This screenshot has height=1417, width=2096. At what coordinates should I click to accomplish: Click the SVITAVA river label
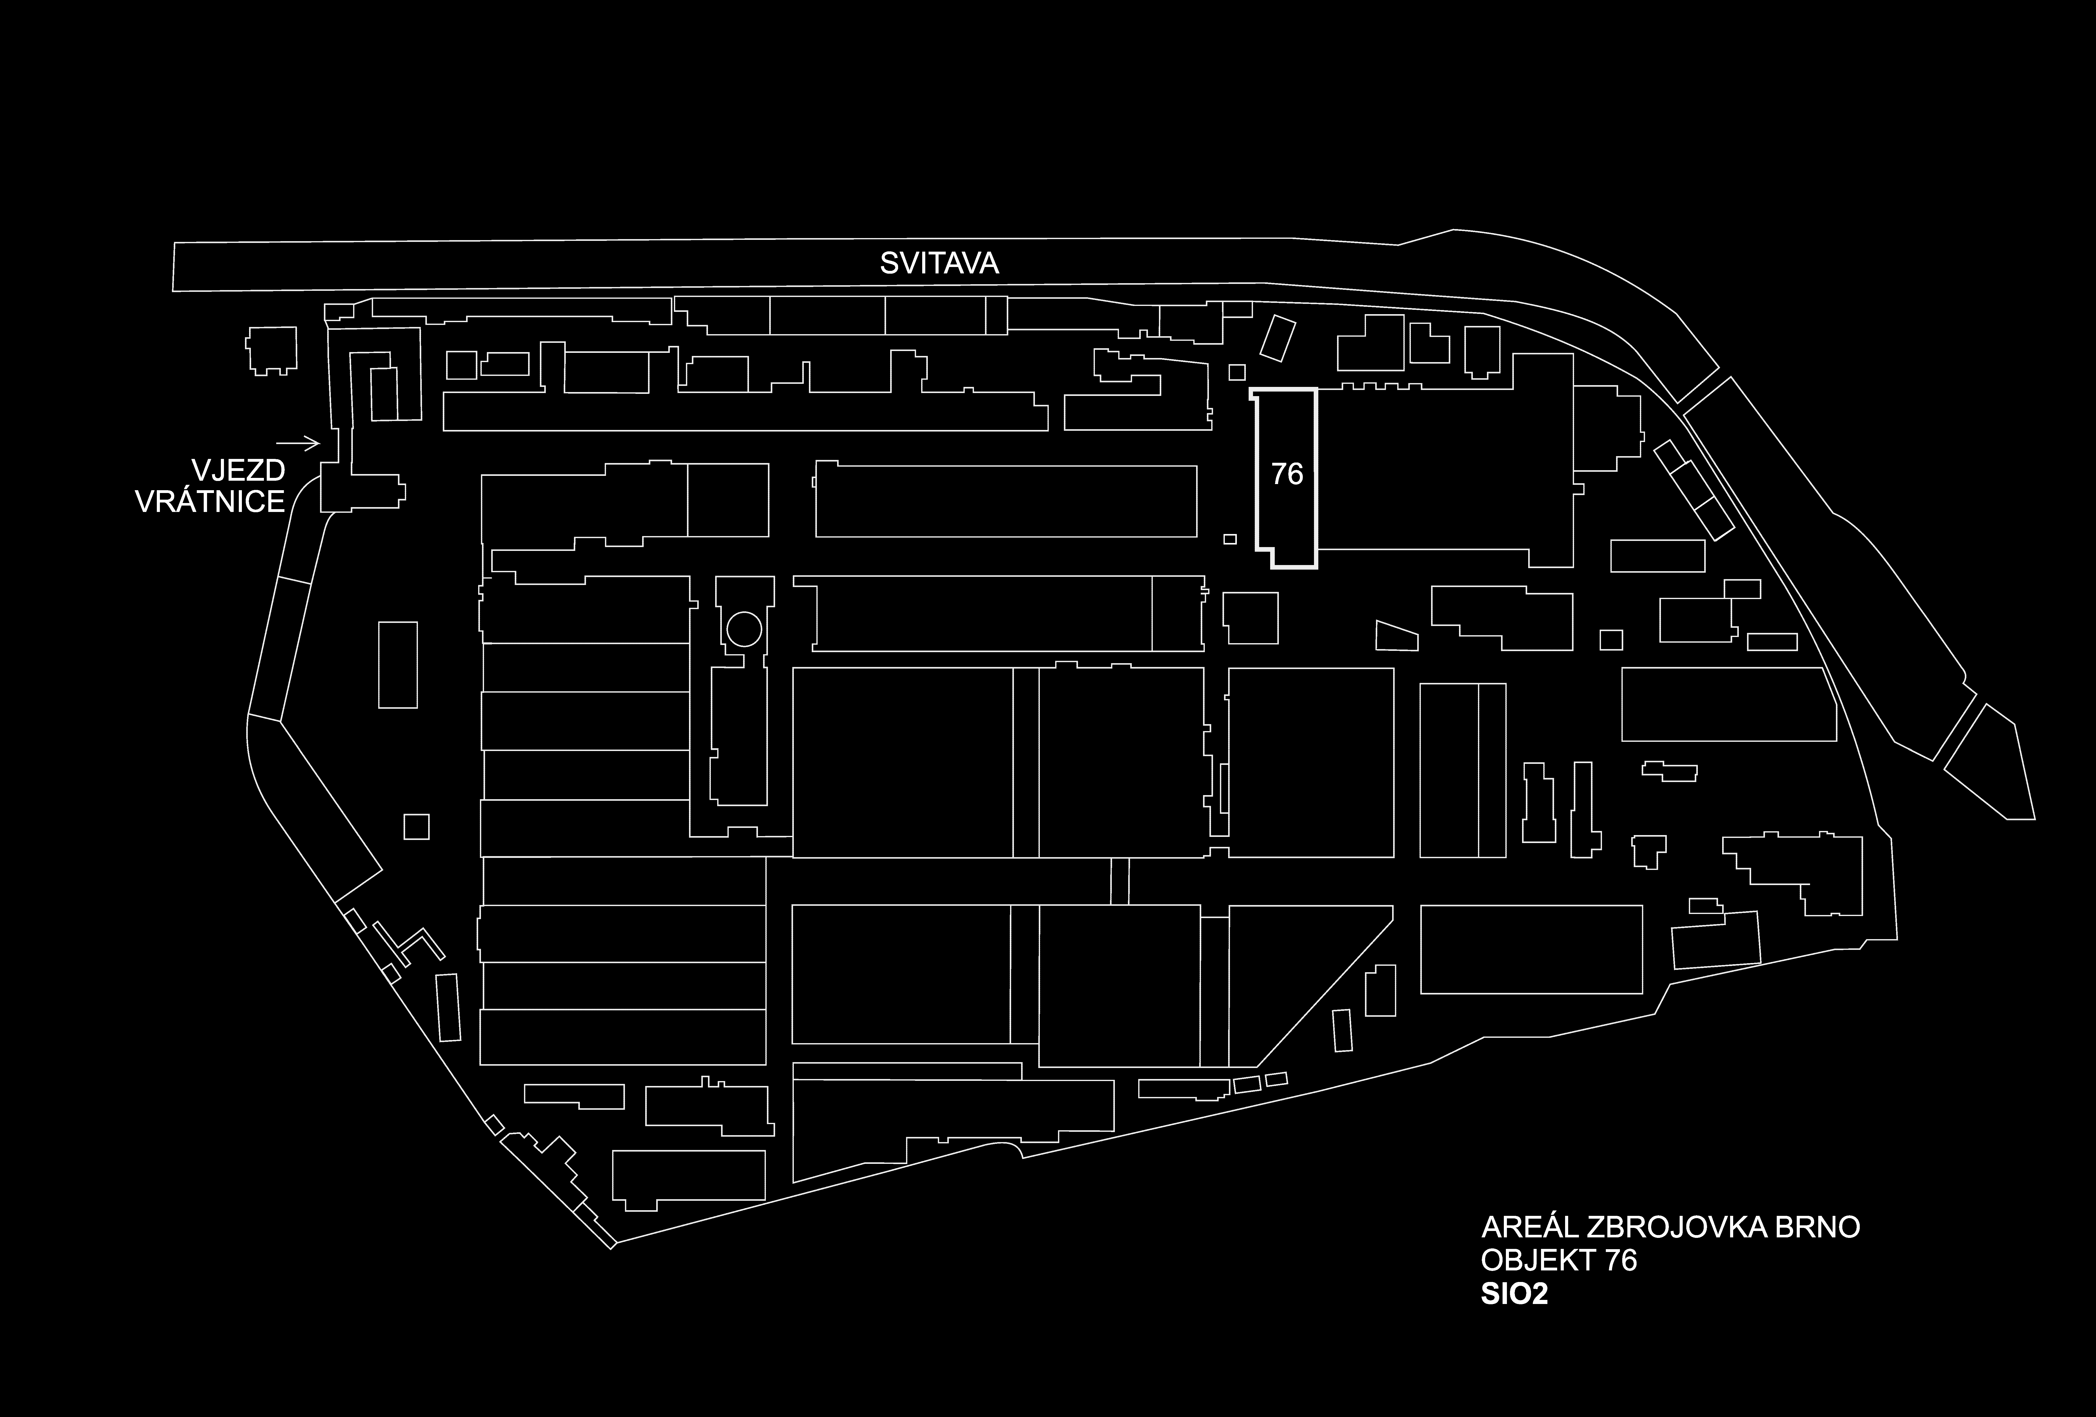tap(939, 263)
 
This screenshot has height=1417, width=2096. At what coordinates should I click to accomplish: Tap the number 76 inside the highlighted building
tap(1287, 474)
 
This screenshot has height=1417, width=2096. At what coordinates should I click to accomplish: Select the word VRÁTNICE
tap(210, 501)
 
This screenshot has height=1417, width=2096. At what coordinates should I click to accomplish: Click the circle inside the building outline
tap(744, 629)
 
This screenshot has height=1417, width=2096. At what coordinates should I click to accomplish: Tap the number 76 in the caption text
tap(1621, 1260)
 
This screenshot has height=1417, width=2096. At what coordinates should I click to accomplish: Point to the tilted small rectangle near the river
tap(1277, 338)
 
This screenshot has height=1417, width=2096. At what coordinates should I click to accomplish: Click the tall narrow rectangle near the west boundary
tap(398, 665)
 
